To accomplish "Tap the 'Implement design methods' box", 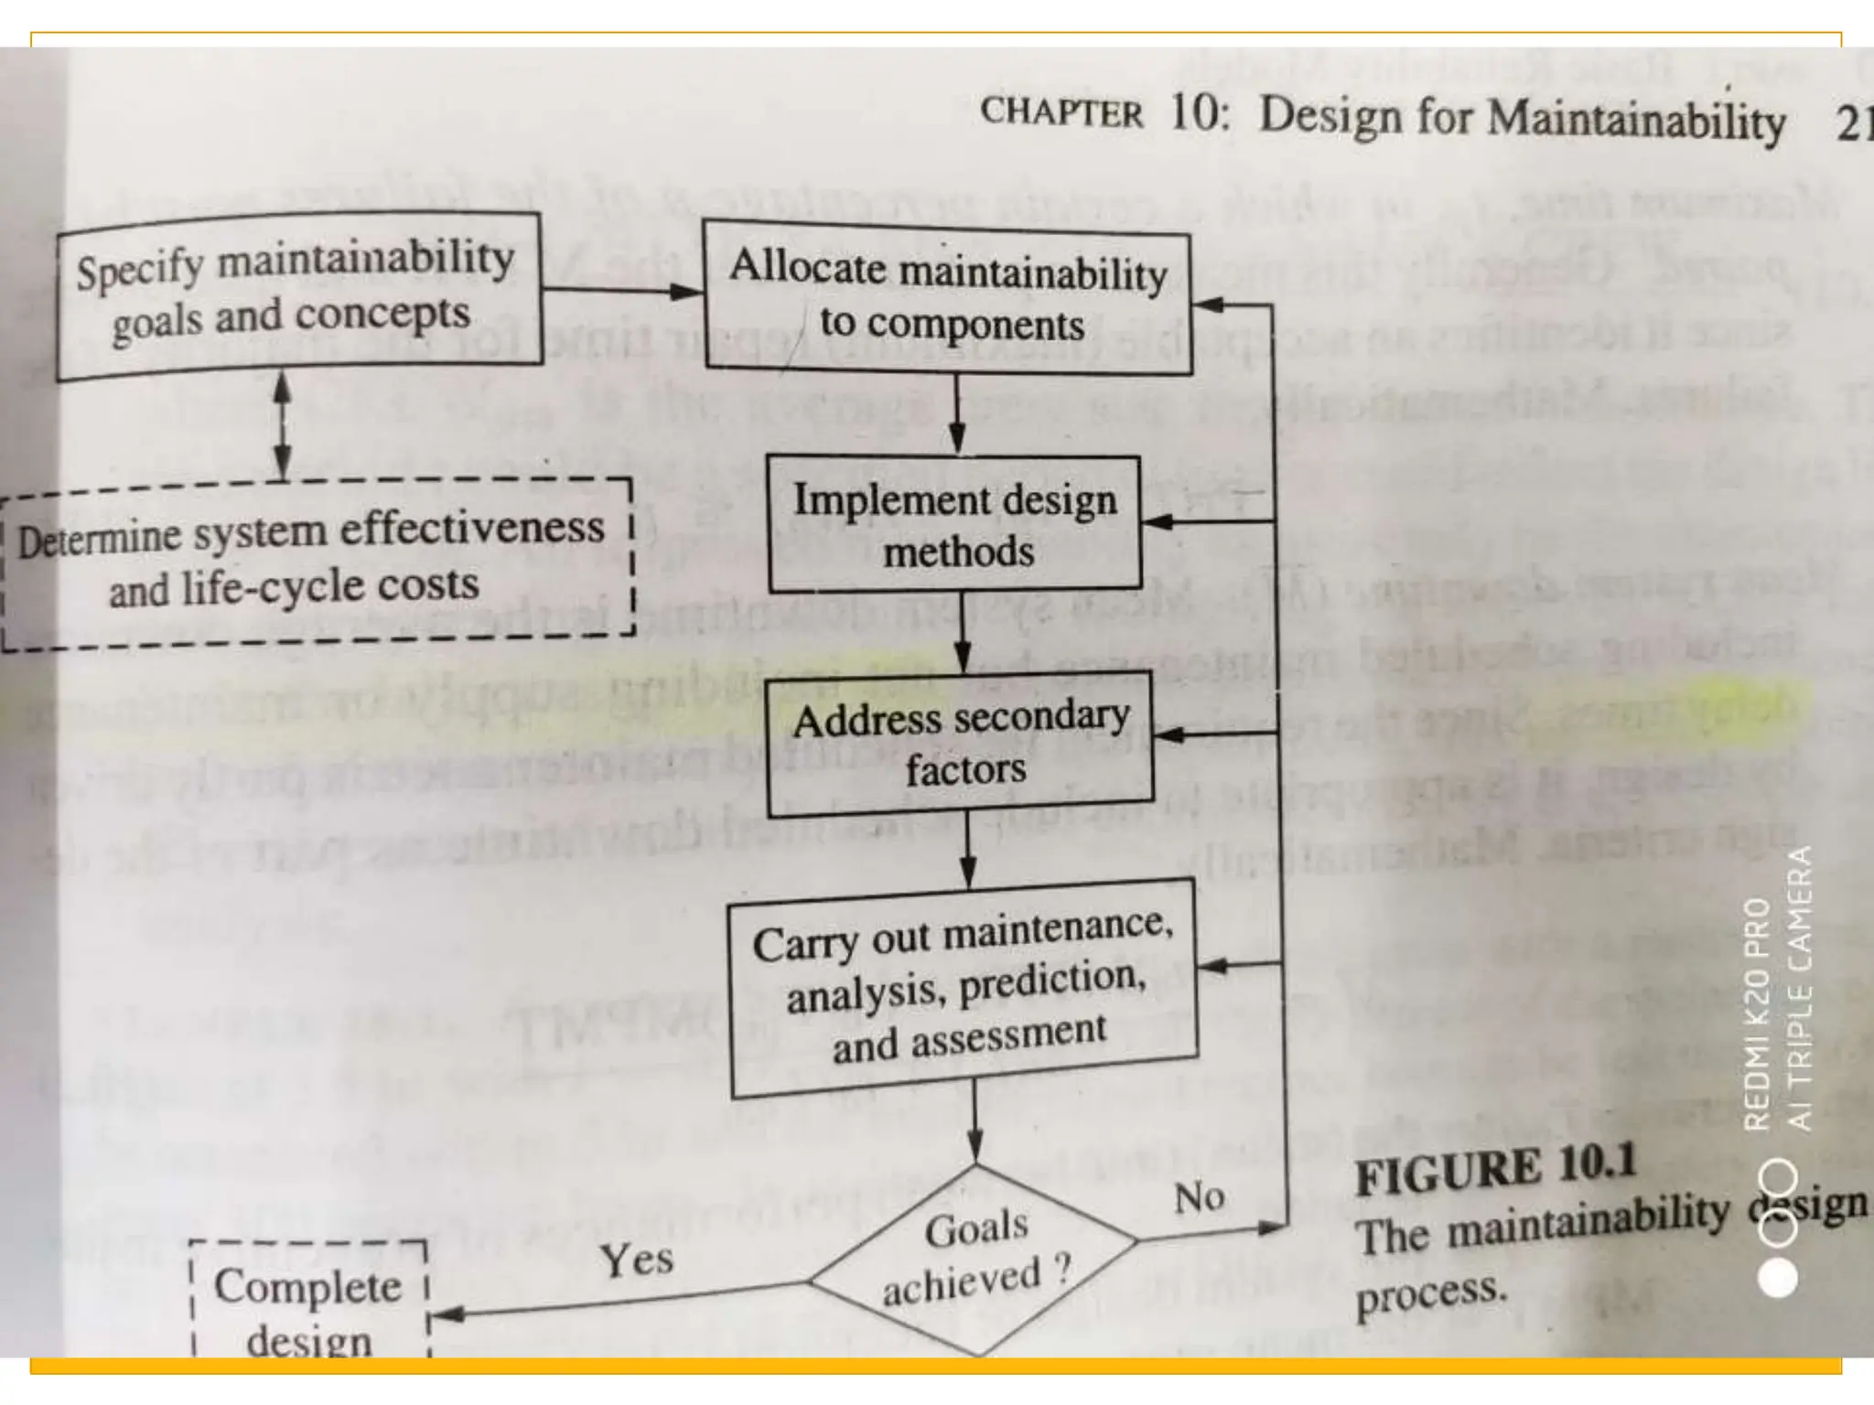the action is pos(954,524).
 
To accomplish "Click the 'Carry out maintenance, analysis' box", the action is pos(963,987).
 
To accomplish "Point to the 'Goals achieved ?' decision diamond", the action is pos(975,1258).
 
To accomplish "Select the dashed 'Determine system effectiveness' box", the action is pos(315,561).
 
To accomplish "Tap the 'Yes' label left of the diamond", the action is pos(636,1260).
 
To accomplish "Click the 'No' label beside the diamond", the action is pos(1199,1197).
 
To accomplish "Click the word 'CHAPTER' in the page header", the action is pos(1061,113).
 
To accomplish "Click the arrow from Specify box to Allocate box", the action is pos(622,291).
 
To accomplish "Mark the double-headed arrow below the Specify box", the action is pos(283,425).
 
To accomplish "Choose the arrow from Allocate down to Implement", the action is pos(956,415).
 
